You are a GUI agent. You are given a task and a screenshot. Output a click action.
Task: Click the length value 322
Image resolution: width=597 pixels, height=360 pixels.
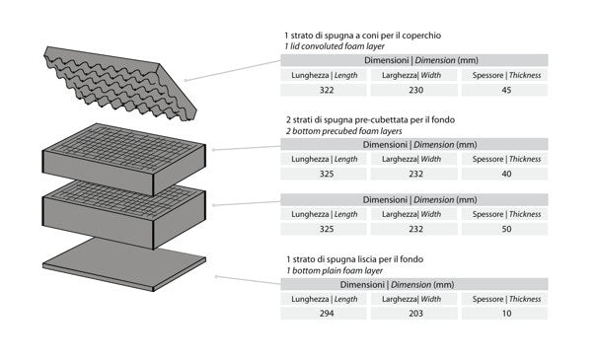(x=327, y=90)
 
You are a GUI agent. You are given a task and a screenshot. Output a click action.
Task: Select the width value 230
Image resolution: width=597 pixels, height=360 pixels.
(x=415, y=90)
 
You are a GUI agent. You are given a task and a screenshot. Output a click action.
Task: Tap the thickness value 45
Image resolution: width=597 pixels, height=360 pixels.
(x=506, y=90)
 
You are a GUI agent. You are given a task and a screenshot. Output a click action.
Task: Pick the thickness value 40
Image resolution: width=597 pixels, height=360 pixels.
(x=506, y=174)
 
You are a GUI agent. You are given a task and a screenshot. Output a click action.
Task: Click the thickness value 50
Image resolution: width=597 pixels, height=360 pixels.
(x=506, y=229)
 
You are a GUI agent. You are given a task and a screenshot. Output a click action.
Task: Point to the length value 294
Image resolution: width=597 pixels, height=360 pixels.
(x=327, y=314)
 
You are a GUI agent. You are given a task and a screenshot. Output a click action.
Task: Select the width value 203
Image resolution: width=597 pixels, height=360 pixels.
(x=415, y=314)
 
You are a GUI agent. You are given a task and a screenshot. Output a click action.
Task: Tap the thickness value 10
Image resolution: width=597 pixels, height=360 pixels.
(x=506, y=314)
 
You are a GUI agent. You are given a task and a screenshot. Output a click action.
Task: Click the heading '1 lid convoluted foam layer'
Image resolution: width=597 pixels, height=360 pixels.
(x=335, y=46)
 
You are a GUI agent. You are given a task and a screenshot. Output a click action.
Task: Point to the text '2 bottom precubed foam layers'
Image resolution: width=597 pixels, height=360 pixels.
(x=343, y=131)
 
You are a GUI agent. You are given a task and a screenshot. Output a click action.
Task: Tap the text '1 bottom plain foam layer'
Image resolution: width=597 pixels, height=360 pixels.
(x=335, y=270)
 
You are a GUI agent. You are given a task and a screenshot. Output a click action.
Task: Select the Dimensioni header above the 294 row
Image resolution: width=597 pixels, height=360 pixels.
(x=397, y=285)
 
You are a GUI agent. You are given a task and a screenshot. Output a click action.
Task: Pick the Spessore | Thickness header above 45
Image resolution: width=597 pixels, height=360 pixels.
(x=506, y=75)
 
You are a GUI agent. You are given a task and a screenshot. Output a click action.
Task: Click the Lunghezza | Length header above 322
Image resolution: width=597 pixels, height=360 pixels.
(x=325, y=75)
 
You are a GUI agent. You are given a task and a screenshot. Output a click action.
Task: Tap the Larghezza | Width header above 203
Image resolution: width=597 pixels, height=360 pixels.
(x=411, y=299)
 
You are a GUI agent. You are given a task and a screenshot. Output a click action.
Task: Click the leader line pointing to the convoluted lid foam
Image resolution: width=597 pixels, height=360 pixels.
(x=233, y=70)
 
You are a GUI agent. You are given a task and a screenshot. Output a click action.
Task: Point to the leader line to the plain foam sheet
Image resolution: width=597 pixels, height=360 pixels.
(x=248, y=280)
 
